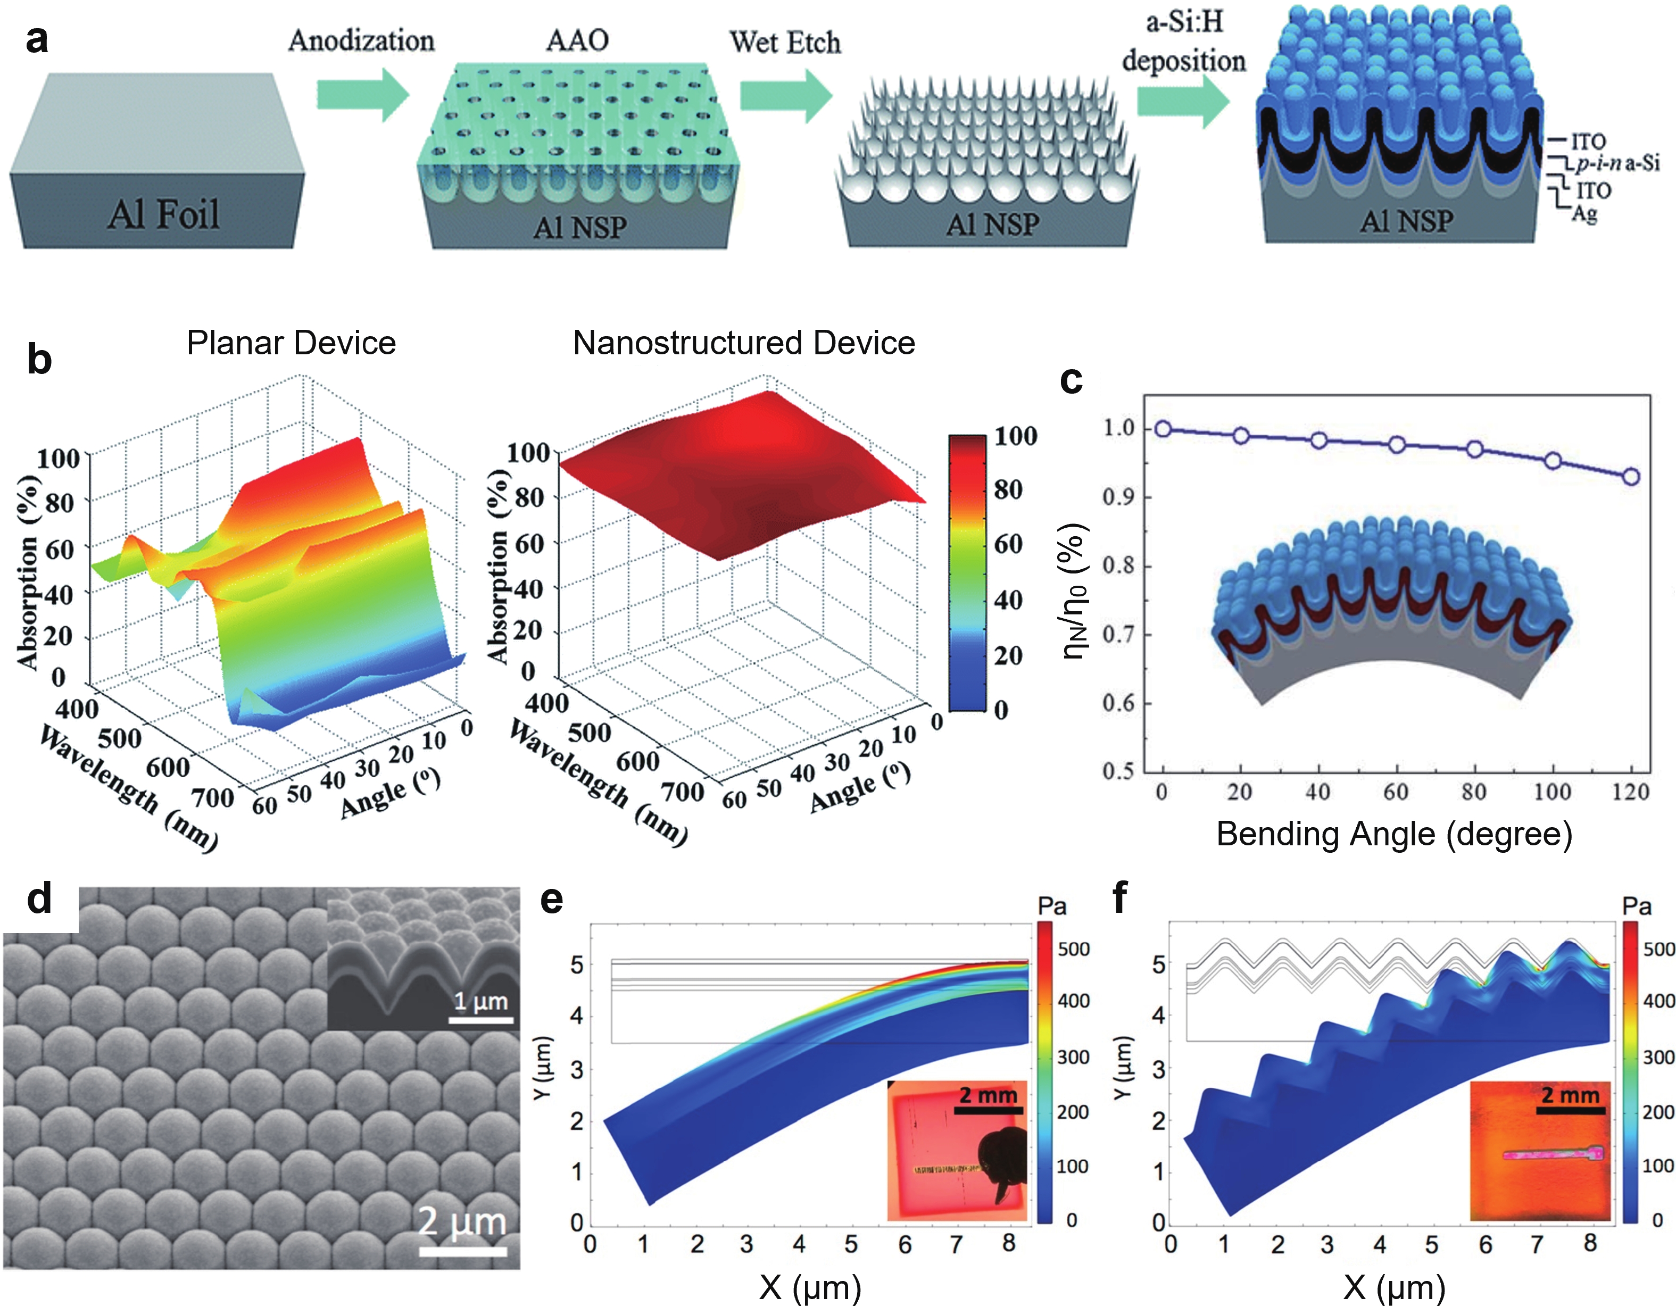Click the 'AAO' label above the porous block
point(577,40)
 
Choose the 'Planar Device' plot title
point(291,343)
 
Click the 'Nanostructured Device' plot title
point(744,343)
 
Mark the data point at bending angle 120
point(1631,477)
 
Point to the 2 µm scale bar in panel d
point(463,1251)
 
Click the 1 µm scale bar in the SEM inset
point(481,1020)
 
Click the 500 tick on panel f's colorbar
point(1657,949)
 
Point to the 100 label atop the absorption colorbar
point(1015,436)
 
